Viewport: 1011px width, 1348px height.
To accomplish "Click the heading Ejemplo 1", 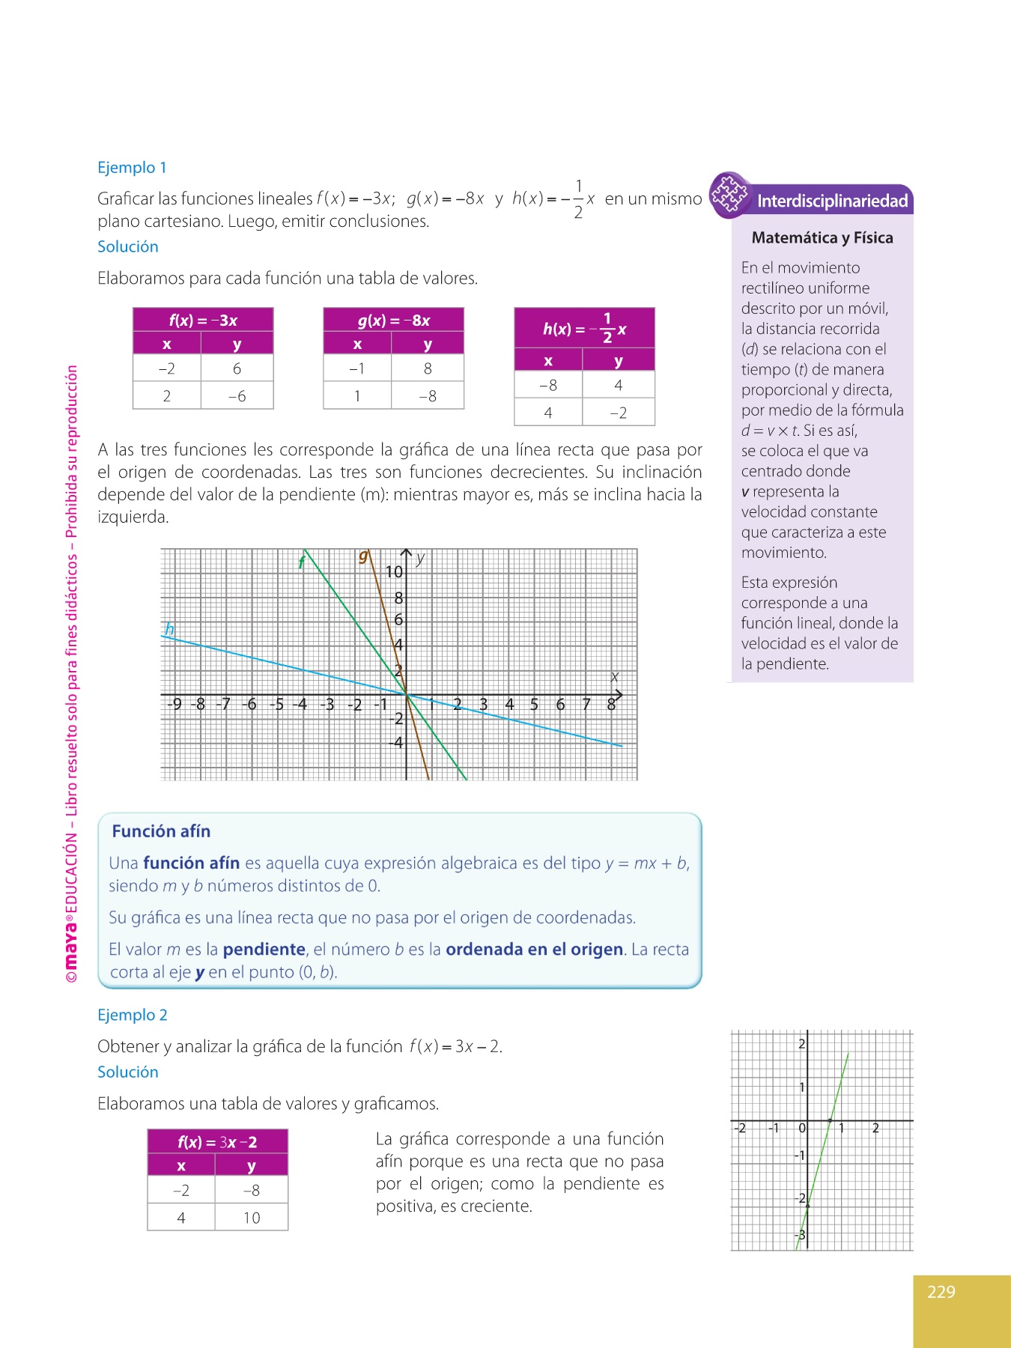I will pyautogui.click(x=132, y=168).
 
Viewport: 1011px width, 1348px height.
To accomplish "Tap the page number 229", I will pyautogui.click(x=941, y=1292).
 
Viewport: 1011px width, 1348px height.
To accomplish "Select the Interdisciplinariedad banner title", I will pyautogui.click(x=832, y=201).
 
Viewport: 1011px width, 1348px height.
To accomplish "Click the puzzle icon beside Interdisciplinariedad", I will pyautogui.click(x=729, y=195).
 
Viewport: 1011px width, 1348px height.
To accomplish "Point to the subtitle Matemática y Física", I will pyautogui.click(x=822, y=237).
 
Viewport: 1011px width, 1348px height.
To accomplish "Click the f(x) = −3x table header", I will pyautogui.click(x=203, y=321).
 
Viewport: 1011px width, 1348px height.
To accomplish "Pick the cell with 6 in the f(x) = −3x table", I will pyautogui.click(x=237, y=368).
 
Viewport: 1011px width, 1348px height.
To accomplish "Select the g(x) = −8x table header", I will pyautogui.click(x=394, y=321).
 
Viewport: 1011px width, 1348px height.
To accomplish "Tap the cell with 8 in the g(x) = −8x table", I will pyautogui.click(x=428, y=368).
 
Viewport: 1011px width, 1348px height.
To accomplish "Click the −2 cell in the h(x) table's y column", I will pyautogui.click(x=618, y=413).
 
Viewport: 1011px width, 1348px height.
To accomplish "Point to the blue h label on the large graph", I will pyautogui.click(x=170, y=628).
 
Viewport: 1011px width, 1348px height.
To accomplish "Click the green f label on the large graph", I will pyautogui.click(x=301, y=562).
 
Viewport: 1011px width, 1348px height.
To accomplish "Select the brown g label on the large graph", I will pyautogui.click(x=363, y=556).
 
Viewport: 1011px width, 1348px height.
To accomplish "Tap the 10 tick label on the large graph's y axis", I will pyautogui.click(x=394, y=572).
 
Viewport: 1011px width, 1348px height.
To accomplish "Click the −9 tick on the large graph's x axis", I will pyautogui.click(x=174, y=704).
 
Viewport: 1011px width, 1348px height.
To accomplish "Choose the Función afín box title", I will pyautogui.click(x=161, y=831).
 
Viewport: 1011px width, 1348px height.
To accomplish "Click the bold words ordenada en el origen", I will pyautogui.click(x=534, y=950).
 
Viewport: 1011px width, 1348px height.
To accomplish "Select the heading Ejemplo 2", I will pyautogui.click(x=133, y=1015).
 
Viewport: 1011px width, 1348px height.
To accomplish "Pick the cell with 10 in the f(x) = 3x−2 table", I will pyautogui.click(x=252, y=1218).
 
